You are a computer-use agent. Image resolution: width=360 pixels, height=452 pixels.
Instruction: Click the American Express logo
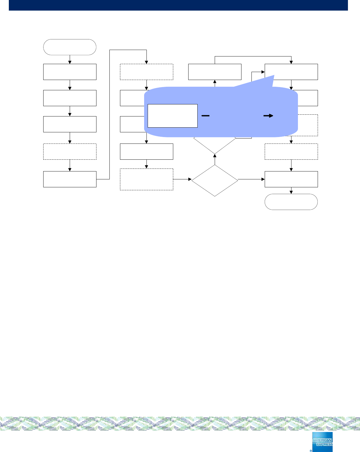(322, 442)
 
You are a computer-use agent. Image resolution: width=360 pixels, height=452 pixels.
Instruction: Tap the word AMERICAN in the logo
(322, 440)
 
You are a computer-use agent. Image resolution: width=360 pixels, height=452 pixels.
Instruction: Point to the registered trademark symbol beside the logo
(311, 450)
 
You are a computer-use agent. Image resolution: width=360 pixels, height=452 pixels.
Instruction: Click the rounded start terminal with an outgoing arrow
(70, 47)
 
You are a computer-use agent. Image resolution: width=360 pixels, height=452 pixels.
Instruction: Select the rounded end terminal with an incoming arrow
(291, 202)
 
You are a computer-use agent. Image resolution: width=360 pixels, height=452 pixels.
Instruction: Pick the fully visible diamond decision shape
(215, 180)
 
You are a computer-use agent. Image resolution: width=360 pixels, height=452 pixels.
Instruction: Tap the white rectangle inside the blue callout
(172, 116)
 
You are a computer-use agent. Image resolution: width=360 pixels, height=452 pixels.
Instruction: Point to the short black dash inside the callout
(205, 116)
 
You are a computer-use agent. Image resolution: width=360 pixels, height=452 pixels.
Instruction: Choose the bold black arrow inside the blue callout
(268, 116)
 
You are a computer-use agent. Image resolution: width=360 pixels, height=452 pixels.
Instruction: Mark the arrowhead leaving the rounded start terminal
(70, 62)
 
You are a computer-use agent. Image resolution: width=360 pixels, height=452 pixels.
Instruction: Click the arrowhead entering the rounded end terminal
(291, 192)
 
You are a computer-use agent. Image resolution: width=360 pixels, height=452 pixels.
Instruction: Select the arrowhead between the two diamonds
(215, 156)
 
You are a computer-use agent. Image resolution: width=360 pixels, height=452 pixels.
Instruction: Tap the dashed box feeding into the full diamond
(146, 179)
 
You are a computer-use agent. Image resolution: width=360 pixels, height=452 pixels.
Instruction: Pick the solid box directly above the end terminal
(291, 179)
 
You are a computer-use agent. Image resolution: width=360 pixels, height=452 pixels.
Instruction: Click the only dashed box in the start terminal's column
(70, 151)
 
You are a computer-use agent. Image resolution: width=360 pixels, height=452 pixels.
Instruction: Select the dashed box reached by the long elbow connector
(146, 72)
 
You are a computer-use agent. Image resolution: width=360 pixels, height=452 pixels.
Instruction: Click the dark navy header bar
(178, 5)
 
